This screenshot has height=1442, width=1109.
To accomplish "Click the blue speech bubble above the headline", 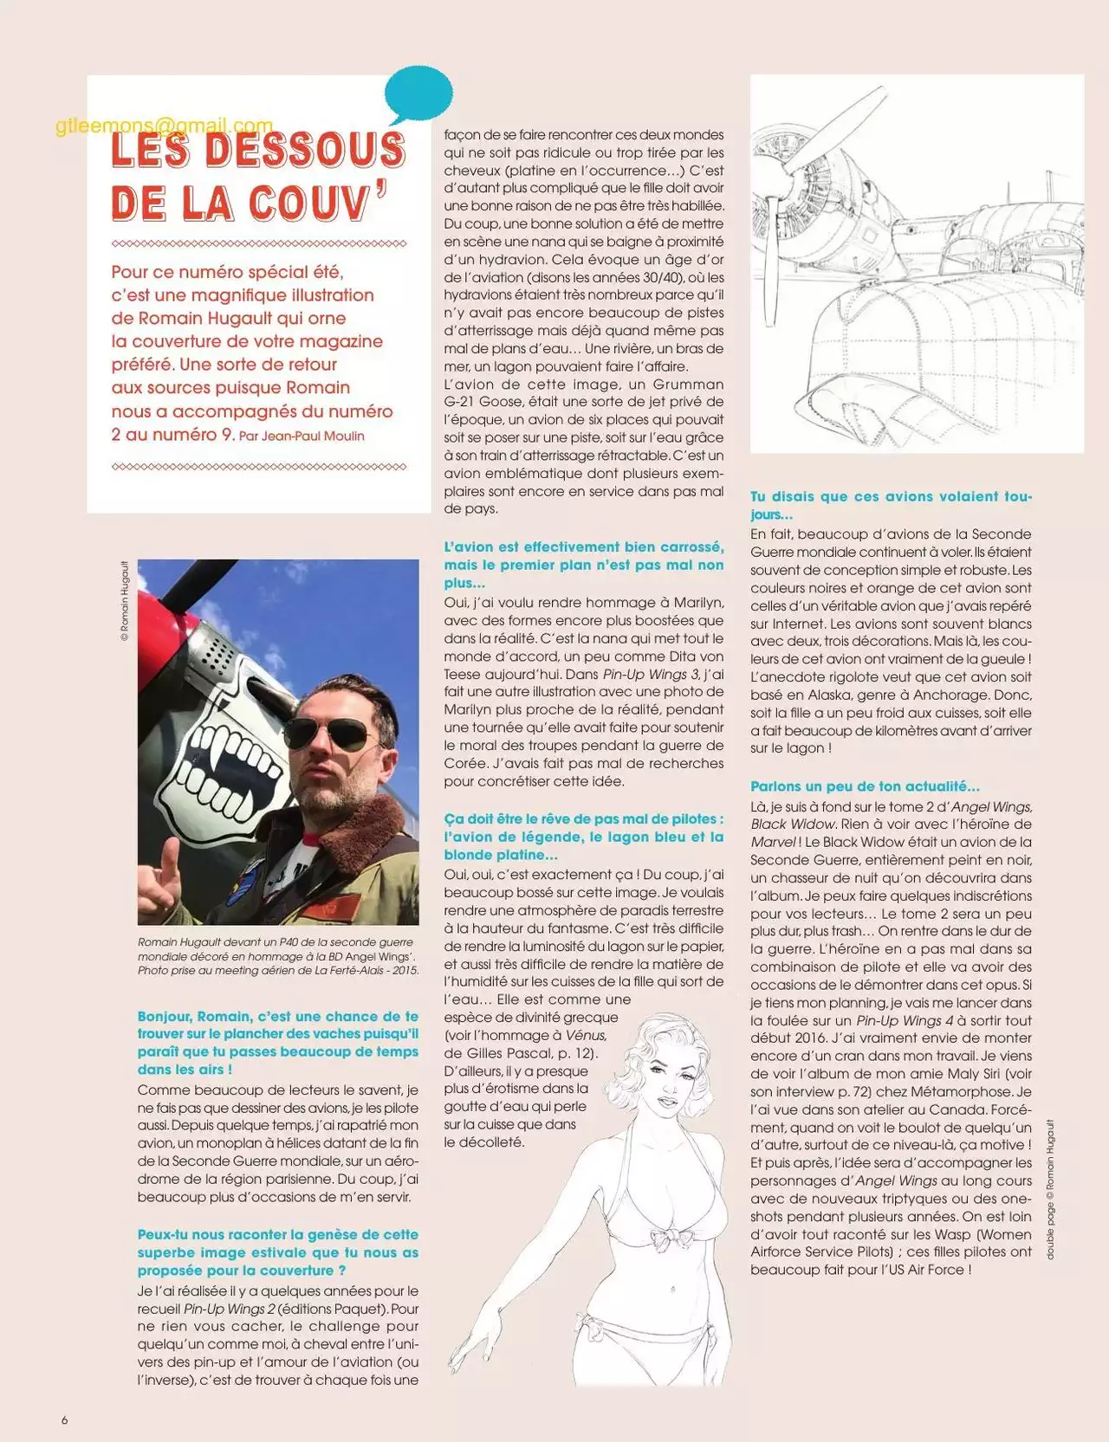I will [x=418, y=94].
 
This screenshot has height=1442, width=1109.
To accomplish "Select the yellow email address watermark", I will [x=164, y=126].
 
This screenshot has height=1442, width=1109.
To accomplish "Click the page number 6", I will [x=64, y=1419].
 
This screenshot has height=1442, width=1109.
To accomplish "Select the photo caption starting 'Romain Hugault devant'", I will [x=277, y=956].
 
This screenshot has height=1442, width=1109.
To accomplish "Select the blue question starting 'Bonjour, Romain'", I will [x=277, y=1043].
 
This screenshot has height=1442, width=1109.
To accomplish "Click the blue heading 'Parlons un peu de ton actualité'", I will [x=865, y=786].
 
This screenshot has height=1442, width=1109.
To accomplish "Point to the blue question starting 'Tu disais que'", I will [x=891, y=505].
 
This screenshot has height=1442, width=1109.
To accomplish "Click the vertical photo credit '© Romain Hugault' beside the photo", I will [x=125, y=600].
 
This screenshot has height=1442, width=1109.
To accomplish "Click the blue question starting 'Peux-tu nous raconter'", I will [x=277, y=1252].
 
